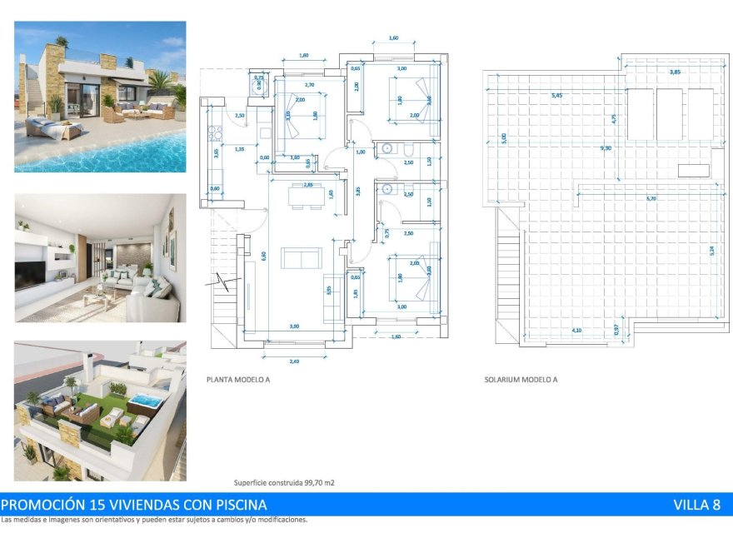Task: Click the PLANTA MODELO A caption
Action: click(238, 379)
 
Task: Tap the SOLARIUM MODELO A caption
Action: click(521, 379)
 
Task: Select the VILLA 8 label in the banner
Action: click(696, 505)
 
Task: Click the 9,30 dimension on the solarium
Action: click(606, 148)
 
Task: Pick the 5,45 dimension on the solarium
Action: click(556, 96)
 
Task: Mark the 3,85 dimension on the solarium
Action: click(671, 72)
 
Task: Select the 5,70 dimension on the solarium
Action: click(651, 198)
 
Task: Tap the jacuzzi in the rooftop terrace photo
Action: click(145, 401)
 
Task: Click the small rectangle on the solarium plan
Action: click(694, 171)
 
